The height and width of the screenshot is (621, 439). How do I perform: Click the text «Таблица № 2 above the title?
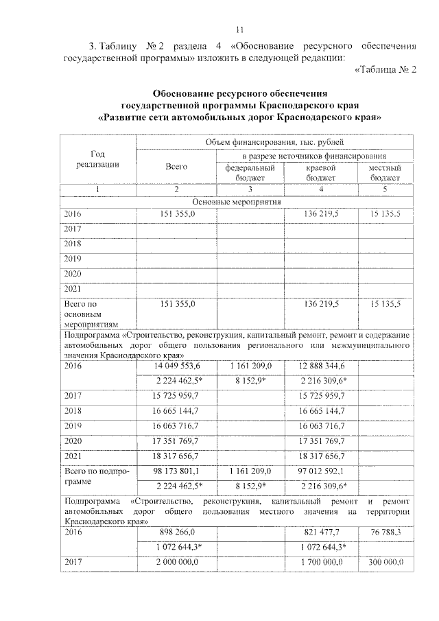pos(385,73)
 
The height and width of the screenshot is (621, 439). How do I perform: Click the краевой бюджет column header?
pos(320,172)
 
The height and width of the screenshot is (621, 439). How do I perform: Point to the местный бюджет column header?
pos(384,172)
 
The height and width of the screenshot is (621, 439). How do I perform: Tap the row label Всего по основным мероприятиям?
pos(91,312)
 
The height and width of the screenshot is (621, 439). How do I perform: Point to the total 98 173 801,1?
pos(176,472)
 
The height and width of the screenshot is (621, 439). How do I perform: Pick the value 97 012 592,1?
pos(320,472)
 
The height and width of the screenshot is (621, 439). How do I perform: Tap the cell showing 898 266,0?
pos(176,532)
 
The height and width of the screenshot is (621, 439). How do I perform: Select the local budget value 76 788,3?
pos(384,532)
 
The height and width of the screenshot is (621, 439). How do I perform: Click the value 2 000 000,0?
pos(176,563)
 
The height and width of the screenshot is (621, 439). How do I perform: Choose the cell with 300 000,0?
pos(384,563)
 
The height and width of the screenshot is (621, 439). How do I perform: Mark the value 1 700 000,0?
pos(320,563)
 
